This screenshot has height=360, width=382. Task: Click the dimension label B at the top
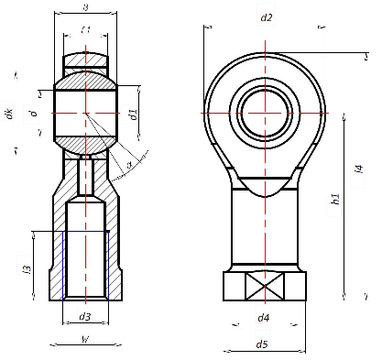tap(84, 7)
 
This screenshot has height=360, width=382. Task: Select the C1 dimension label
tap(85, 30)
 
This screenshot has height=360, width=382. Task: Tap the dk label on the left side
tap(9, 114)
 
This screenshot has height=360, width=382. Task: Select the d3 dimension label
tap(84, 317)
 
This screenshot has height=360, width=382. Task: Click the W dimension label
tap(84, 340)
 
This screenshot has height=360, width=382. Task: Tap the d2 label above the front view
tap(267, 17)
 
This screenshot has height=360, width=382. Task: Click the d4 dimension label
tap(263, 318)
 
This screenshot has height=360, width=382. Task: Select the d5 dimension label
tap(263, 344)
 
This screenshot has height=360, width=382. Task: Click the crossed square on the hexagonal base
tap(264, 287)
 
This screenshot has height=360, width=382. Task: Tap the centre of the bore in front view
tap(265, 113)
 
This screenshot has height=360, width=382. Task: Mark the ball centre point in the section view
tap(84, 113)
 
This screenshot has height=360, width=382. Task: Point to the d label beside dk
tap(32, 114)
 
